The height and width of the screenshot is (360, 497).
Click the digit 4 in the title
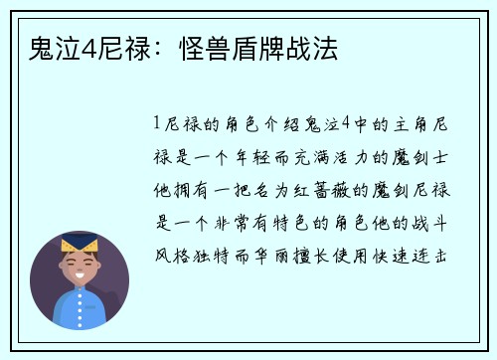[x=85, y=47]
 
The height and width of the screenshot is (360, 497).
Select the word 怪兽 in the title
[x=202, y=47]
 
